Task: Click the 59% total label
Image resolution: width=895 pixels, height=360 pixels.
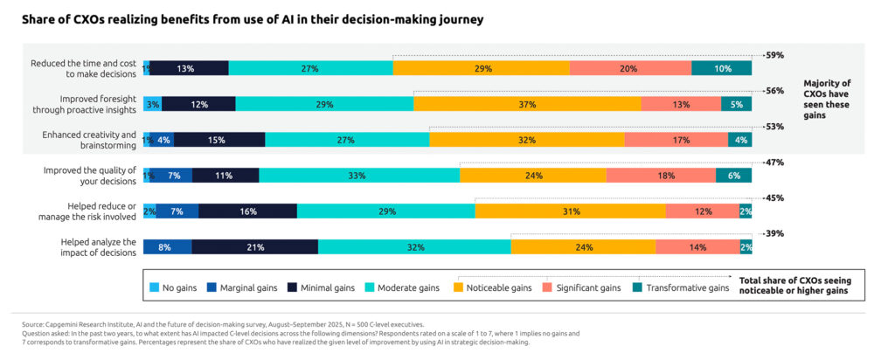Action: coord(774,55)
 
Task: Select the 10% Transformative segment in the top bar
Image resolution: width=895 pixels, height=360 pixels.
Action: coord(721,68)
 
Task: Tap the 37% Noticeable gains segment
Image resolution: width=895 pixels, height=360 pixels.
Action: coord(526,104)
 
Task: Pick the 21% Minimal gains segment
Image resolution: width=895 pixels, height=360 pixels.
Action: coord(255,247)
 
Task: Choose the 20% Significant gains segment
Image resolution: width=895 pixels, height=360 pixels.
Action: coord(629,68)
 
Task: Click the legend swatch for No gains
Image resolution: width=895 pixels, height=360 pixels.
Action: coord(155,287)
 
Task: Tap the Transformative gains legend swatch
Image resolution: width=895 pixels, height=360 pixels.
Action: coord(637,287)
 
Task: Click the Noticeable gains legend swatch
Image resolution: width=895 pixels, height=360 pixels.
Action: coord(460,287)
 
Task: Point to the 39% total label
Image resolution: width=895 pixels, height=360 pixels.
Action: coord(774,234)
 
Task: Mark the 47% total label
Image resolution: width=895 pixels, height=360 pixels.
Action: coord(774,163)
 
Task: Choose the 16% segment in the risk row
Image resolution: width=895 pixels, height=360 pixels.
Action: coord(247,211)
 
